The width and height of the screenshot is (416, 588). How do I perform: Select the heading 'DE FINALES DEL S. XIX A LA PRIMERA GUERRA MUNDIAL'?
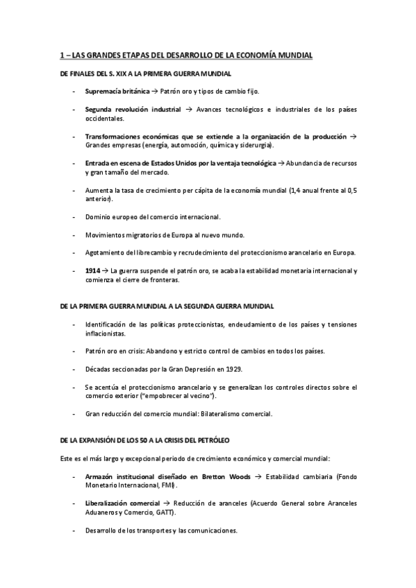pos(145,73)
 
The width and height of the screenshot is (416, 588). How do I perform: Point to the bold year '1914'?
pos(94,270)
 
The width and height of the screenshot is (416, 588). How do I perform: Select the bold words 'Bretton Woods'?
pos(223,476)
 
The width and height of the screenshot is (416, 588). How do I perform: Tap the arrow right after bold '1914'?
pos(108,270)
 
